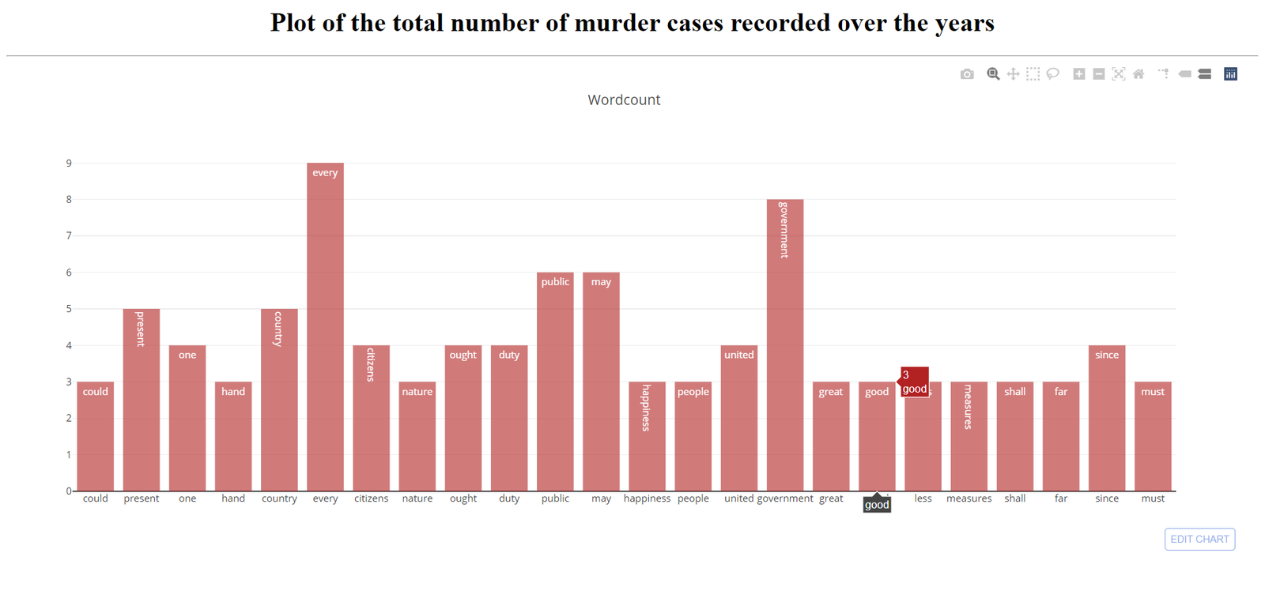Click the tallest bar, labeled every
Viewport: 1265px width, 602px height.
(325, 327)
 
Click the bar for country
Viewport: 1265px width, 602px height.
(279, 400)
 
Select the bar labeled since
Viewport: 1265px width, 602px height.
(1106, 418)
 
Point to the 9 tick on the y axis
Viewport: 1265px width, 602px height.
(69, 164)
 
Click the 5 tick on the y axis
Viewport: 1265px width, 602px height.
(69, 309)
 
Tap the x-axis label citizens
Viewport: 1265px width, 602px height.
(371, 499)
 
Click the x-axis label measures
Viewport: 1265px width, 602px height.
(969, 499)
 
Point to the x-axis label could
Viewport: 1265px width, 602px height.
(95, 499)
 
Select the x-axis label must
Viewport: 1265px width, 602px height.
(1152, 499)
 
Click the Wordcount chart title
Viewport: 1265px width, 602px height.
(624, 100)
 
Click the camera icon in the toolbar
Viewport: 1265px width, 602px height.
(967, 74)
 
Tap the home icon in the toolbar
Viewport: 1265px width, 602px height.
(1138, 74)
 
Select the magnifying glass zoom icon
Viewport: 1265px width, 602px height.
(993, 74)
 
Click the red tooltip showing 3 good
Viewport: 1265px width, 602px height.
(914, 382)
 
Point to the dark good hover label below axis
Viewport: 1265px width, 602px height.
(877, 505)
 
